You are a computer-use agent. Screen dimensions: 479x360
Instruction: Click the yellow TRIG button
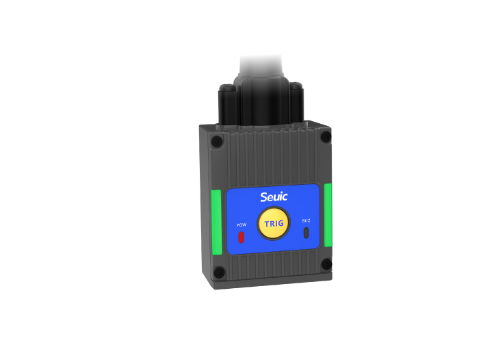[x=274, y=223]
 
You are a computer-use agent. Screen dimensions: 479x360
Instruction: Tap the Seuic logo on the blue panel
[x=274, y=197]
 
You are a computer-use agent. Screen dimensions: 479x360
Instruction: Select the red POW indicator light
[x=241, y=237]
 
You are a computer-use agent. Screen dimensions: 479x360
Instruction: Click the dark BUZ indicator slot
[x=306, y=233]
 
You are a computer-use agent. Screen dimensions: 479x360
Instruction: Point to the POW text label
[x=242, y=225]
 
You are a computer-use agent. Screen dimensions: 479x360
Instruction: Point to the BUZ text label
[x=306, y=220]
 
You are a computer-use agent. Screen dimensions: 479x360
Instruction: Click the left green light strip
[x=216, y=222]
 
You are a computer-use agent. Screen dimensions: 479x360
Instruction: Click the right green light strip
[x=328, y=215]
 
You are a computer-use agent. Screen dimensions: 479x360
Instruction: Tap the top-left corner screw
[x=217, y=141]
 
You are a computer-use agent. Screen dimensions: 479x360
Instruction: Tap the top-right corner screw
[x=326, y=136]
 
